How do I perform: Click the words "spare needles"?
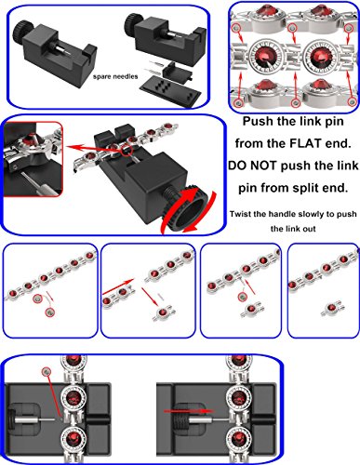(x=115, y=76)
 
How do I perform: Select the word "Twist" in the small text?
(x=240, y=214)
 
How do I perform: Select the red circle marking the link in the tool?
(x=127, y=151)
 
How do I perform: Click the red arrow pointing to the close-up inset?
(x=93, y=148)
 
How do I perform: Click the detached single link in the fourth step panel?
(x=331, y=308)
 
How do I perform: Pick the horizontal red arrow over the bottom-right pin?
(x=188, y=411)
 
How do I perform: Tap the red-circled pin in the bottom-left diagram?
(x=47, y=370)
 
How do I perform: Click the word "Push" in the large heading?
(x=258, y=121)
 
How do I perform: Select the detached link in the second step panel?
(x=164, y=312)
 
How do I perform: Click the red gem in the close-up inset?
(x=32, y=139)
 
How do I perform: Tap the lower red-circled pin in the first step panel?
(x=49, y=312)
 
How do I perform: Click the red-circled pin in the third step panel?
(x=243, y=297)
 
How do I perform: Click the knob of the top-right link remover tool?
(x=132, y=23)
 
